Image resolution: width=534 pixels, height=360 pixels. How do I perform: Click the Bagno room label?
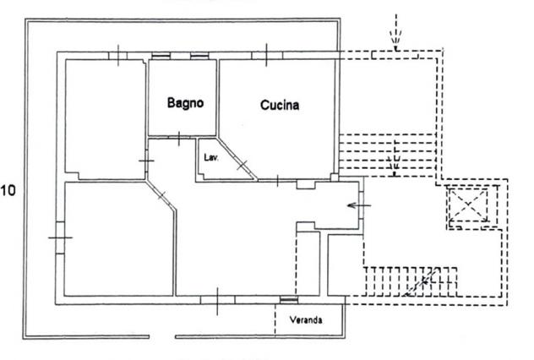pos(185,103)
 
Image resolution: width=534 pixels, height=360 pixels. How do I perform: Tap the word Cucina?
pos(280,105)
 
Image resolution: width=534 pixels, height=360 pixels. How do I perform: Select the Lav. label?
pos(211,157)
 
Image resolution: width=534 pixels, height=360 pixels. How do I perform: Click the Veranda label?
pos(306,319)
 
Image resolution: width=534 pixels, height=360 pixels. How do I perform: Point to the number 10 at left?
pos(8,190)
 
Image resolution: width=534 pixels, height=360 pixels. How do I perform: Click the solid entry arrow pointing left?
pos(358,205)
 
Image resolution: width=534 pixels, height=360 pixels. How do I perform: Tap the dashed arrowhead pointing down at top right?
pos(395,37)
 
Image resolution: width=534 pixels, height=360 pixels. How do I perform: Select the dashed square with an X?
pos(468,205)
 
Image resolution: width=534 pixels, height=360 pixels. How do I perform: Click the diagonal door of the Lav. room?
pos(242,165)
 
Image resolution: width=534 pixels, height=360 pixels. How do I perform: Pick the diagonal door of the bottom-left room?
pos(161,195)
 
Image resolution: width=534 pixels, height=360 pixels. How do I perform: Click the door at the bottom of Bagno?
pos(179,139)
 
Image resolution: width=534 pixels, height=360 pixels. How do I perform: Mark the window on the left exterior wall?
pos(60,237)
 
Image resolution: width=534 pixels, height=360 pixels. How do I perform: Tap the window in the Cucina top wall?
pos(267,55)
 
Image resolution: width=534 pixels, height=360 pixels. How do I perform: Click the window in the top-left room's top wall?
pos(117,56)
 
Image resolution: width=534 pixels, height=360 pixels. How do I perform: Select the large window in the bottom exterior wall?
pos(217,300)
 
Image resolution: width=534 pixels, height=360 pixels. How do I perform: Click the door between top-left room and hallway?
pos(146,161)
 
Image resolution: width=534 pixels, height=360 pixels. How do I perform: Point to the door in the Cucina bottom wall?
pos(277,180)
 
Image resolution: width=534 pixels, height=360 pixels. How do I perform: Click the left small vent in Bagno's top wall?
pos(161,56)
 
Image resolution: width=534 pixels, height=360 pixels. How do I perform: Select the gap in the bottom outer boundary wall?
pos(162,337)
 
